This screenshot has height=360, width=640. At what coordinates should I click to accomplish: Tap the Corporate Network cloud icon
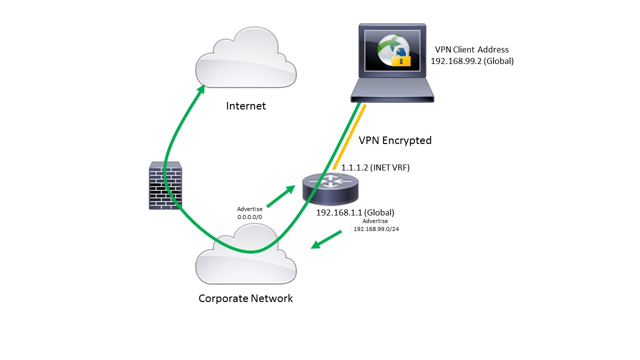[x=245, y=257]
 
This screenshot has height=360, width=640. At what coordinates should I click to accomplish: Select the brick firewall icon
[x=165, y=185]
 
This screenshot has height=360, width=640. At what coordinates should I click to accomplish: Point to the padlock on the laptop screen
[x=400, y=56]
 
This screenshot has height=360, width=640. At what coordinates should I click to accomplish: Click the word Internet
[x=246, y=106]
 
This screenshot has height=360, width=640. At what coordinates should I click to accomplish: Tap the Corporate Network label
[x=245, y=298]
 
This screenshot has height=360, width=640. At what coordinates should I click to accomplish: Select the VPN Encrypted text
[x=395, y=140]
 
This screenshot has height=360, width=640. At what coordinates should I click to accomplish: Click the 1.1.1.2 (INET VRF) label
[x=375, y=168]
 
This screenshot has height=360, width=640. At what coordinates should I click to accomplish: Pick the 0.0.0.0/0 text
[x=250, y=217]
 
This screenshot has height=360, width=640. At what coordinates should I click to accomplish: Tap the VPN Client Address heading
[x=471, y=49]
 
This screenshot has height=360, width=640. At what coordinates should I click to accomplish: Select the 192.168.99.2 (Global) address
[x=472, y=61]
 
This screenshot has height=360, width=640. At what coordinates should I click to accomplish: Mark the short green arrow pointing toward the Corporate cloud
[x=326, y=239]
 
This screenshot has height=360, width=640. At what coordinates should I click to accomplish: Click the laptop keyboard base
[x=392, y=93]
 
